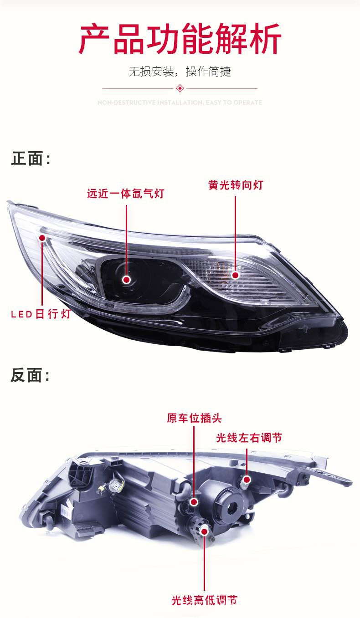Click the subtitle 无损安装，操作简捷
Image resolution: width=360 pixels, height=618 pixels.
point(180,72)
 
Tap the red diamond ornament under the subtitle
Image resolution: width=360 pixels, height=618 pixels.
point(180,88)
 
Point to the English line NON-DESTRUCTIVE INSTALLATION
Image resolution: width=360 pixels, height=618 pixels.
point(180,103)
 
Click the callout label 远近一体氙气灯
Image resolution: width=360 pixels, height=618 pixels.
point(125,194)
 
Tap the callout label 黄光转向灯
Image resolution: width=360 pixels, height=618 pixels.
point(236,185)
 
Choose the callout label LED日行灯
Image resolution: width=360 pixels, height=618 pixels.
point(41,314)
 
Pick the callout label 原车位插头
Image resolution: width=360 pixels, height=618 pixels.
point(194,418)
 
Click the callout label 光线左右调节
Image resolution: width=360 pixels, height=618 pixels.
point(249,438)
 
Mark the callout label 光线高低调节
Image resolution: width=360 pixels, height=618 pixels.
point(204,600)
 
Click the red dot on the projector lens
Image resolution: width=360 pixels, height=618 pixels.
point(126,280)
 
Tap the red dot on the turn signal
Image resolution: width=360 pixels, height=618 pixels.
point(235,275)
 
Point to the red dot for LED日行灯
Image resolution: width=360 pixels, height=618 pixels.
point(42,238)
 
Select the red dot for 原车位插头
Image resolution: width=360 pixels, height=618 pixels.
point(194,502)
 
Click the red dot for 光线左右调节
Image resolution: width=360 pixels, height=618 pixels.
point(247,480)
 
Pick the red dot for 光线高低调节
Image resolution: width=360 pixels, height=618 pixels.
point(204,530)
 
